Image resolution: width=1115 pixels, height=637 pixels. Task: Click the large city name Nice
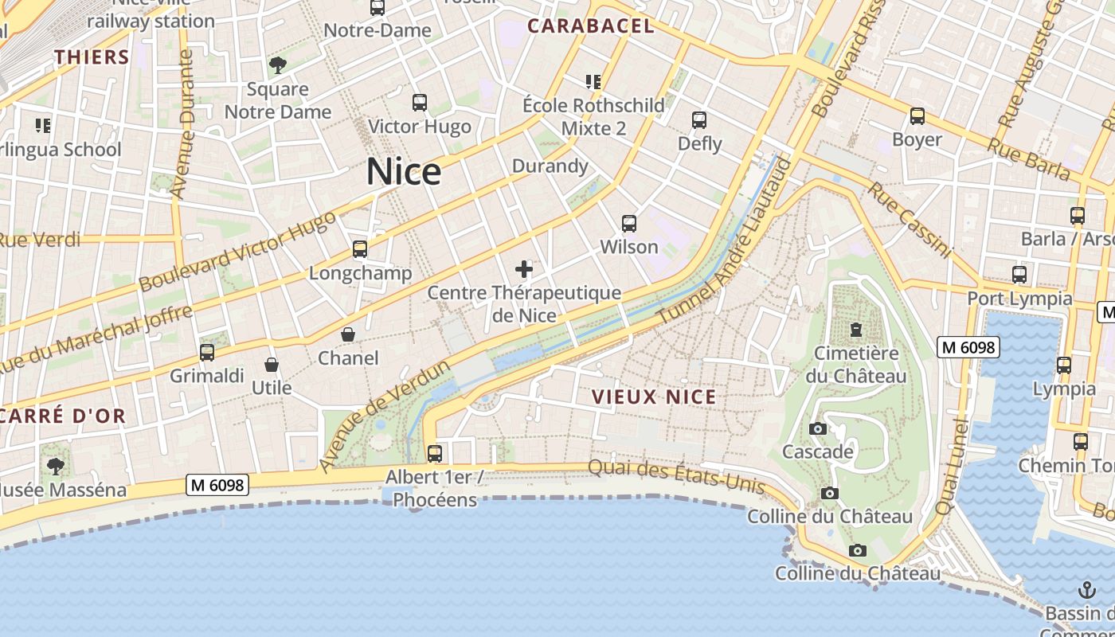[404, 172]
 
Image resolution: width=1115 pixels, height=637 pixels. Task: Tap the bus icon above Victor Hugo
[420, 103]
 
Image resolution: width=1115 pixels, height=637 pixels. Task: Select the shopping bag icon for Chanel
[348, 334]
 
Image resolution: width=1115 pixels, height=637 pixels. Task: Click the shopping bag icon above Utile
[272, 365]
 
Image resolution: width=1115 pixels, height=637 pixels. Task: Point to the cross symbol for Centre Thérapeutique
[524, 269]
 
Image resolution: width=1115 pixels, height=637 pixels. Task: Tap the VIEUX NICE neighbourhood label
[654, 397]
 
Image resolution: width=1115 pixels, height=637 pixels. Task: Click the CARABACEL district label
[591, 26]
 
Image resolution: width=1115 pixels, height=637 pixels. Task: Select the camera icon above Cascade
[817, 428]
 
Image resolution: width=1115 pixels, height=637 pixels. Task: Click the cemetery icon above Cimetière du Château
[856, 329]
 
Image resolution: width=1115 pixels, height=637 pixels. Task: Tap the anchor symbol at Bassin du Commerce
[1086, 590]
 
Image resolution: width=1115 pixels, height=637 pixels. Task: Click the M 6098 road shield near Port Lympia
[968, 347]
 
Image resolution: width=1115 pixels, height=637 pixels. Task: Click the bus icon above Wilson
[629, 224]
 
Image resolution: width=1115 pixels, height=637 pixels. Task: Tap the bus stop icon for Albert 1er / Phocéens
[435, 453]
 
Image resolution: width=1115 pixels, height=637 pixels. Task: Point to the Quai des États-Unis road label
[676, 476]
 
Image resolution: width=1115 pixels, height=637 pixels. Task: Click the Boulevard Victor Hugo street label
[237, 252]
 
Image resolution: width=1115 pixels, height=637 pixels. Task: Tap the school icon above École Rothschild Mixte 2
[593, 81]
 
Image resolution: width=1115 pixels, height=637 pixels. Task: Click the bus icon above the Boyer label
[917, 116]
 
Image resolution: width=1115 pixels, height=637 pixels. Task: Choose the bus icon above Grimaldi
[207, 352]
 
